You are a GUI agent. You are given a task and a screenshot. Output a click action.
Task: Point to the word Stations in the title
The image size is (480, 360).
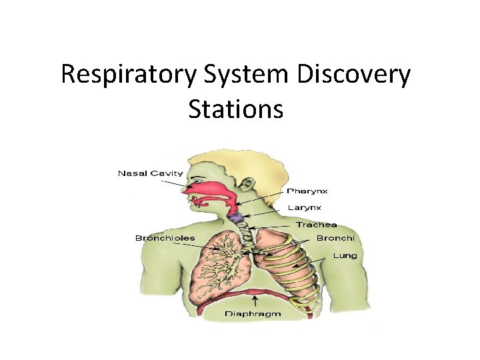coord(235,109)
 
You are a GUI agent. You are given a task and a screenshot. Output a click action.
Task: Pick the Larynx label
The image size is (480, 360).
coord(305,207)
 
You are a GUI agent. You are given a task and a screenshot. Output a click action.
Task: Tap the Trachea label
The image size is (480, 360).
coord(317,225)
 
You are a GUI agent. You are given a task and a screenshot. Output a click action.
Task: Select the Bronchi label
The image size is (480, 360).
coord(335,238)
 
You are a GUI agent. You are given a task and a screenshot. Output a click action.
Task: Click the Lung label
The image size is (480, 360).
coord(345,255)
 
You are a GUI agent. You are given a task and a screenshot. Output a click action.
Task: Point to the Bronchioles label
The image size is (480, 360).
coord(165,238)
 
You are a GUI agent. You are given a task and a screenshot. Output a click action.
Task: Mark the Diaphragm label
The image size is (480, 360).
coord(253,313)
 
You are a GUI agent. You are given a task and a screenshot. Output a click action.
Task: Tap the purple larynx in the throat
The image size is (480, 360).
coord(235,217)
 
